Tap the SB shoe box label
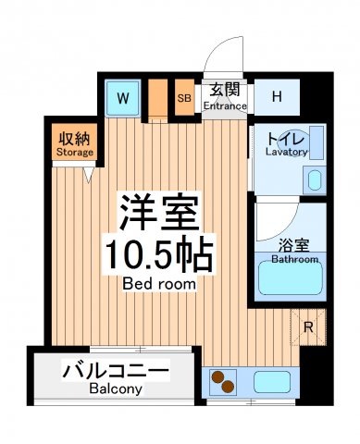tap(184, 97)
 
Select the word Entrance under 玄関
tap(226, 106)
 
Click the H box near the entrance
tap(277, 96)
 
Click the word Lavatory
tap(286, 152)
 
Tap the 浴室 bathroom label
tap(293, 246)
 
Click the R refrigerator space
tap(308, 327)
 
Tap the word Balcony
tap(117, 389)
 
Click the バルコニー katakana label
tap(117, 373)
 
